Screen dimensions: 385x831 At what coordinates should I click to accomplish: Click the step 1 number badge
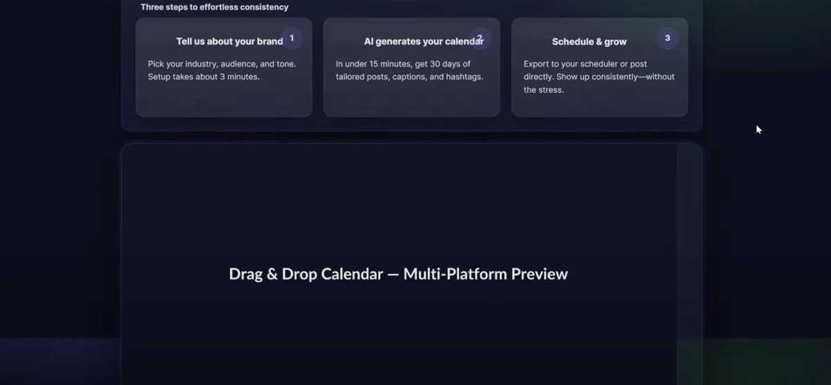click(292, 38)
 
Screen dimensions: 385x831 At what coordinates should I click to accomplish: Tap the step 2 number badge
click(479, 38)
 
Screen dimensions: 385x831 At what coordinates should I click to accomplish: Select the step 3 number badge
click(668, 38)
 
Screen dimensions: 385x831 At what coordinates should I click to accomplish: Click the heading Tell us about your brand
click(229, 42)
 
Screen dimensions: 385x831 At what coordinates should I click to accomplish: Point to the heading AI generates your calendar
click(424, 42)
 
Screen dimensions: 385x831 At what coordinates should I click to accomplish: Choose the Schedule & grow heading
click(589, 42)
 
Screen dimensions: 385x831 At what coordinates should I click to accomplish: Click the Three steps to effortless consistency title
click(215, 7)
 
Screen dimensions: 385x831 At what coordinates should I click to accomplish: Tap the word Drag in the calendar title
click(245, 274)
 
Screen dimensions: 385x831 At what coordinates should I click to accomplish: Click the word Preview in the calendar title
click(539, 274)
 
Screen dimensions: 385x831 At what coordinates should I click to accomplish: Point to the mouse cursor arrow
click(758, 129)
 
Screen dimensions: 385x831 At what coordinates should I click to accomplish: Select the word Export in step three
click(537, 64)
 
